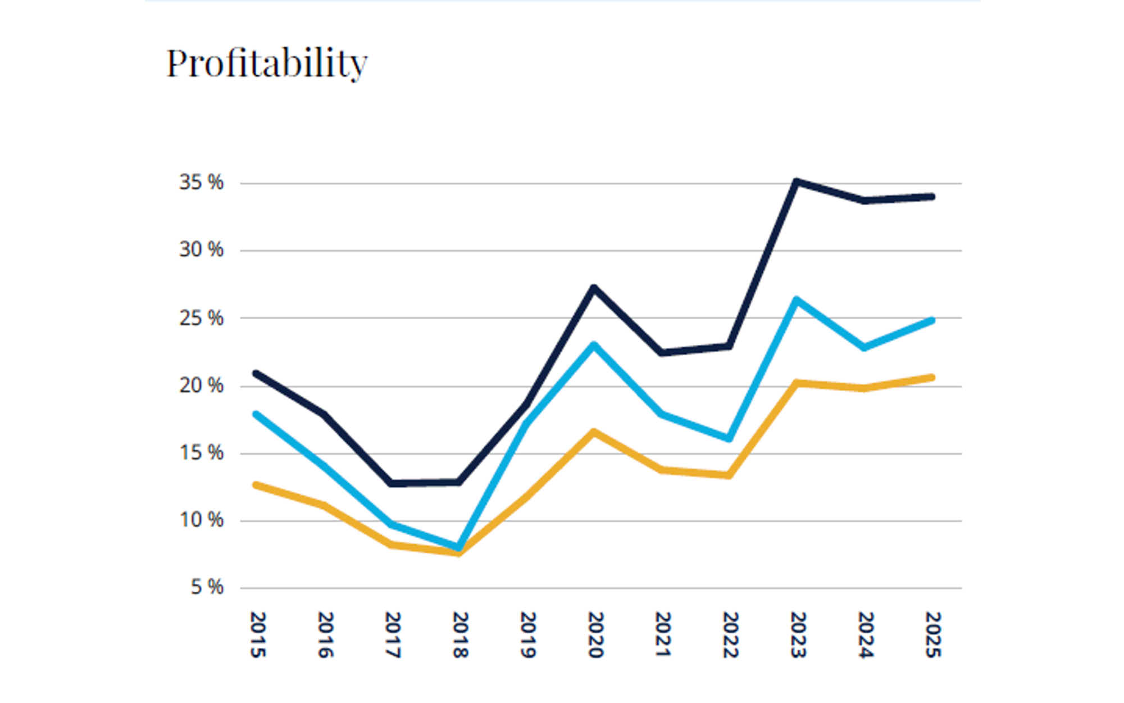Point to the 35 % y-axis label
(x=201, y=183)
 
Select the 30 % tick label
(x=201, y=250)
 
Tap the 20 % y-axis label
(x=201, y=385)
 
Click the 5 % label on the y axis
(x=207, y=587)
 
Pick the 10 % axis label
(x=201, y=520)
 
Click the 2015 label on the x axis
(x=257, y=635)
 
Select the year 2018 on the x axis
(x=460, y=635)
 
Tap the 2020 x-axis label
(x=595, y=635)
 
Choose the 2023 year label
(x=798, y=635)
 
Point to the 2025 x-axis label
(x=932, y=635)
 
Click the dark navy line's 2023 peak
(x=796, y=181)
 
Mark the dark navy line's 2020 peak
(x=594, y=288)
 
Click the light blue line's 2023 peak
(x=796, y=299)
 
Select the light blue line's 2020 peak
(x=594, y=344)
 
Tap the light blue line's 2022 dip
(x=729, y=439)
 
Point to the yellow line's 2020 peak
(x=594, y=432)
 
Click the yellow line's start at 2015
(x=256, y=484)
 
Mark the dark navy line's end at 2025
(x=932, y=197)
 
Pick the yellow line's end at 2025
(x=932, y=378)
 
